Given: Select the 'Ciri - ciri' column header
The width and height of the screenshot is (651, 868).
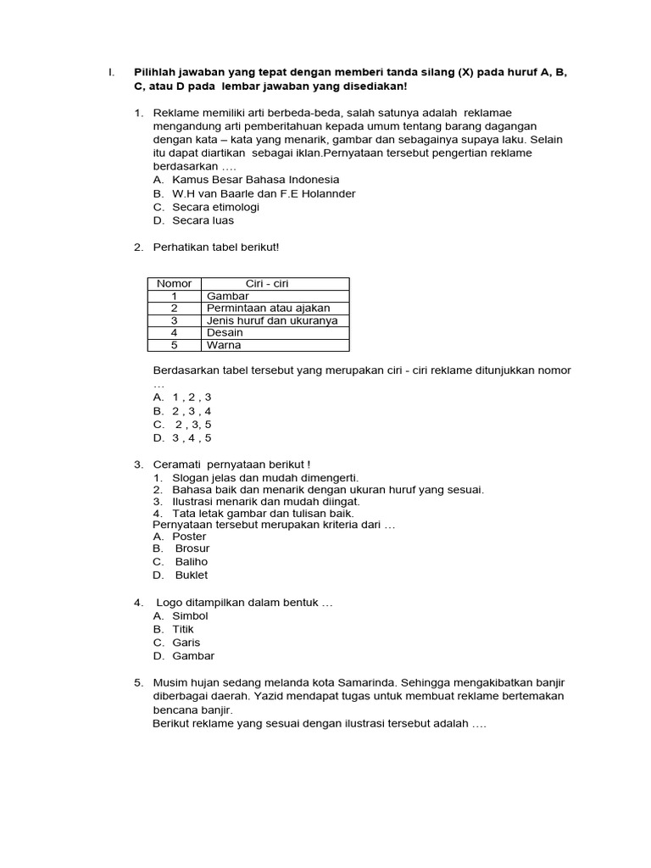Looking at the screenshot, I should tap(267, 284).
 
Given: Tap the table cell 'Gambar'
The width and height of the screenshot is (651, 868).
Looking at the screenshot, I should tap(228, 297).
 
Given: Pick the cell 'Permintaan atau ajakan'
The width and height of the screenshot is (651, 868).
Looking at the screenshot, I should tap(269, 309).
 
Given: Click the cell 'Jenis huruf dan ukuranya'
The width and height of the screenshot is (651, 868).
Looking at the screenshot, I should tap(272, 321).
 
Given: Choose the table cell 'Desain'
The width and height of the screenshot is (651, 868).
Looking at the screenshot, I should tap(225, 333).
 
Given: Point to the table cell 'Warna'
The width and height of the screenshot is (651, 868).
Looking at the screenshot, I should tap(224, 346).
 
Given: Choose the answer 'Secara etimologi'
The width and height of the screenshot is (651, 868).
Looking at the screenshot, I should tap(215, 207).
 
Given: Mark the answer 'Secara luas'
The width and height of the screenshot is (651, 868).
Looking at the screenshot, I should tap(203, 220).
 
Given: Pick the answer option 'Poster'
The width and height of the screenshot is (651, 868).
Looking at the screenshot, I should tap(189, 537).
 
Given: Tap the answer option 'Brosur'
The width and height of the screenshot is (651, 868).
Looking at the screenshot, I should tap(192, 548).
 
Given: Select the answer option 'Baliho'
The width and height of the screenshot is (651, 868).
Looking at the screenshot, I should tap(192, 562).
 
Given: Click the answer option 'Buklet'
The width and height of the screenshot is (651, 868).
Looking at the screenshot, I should tap(192, 576).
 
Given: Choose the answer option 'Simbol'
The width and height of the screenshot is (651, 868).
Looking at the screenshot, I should tap(190, 616).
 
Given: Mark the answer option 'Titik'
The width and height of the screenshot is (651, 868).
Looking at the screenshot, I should tap(183, 630).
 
